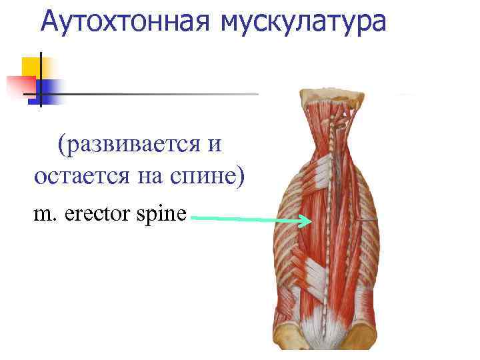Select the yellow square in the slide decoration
click(31, 67)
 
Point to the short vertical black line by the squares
click(40, 80)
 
